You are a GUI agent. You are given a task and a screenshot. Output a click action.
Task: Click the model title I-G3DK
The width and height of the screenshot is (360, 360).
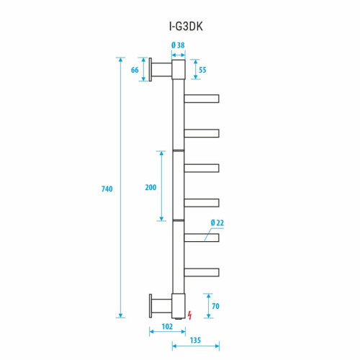coord(180,27)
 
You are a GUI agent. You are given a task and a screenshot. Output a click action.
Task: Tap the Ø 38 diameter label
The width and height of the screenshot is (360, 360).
coord(179,45)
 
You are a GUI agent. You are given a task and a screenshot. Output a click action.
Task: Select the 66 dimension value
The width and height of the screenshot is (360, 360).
coord(135,70)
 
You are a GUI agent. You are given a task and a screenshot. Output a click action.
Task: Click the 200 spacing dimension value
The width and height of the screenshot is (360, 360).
coord(150,187)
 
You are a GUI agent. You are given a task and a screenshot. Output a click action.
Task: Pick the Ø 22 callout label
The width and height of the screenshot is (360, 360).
coord(217,223)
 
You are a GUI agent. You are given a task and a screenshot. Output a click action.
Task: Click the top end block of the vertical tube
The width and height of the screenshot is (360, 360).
coord(179,70)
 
